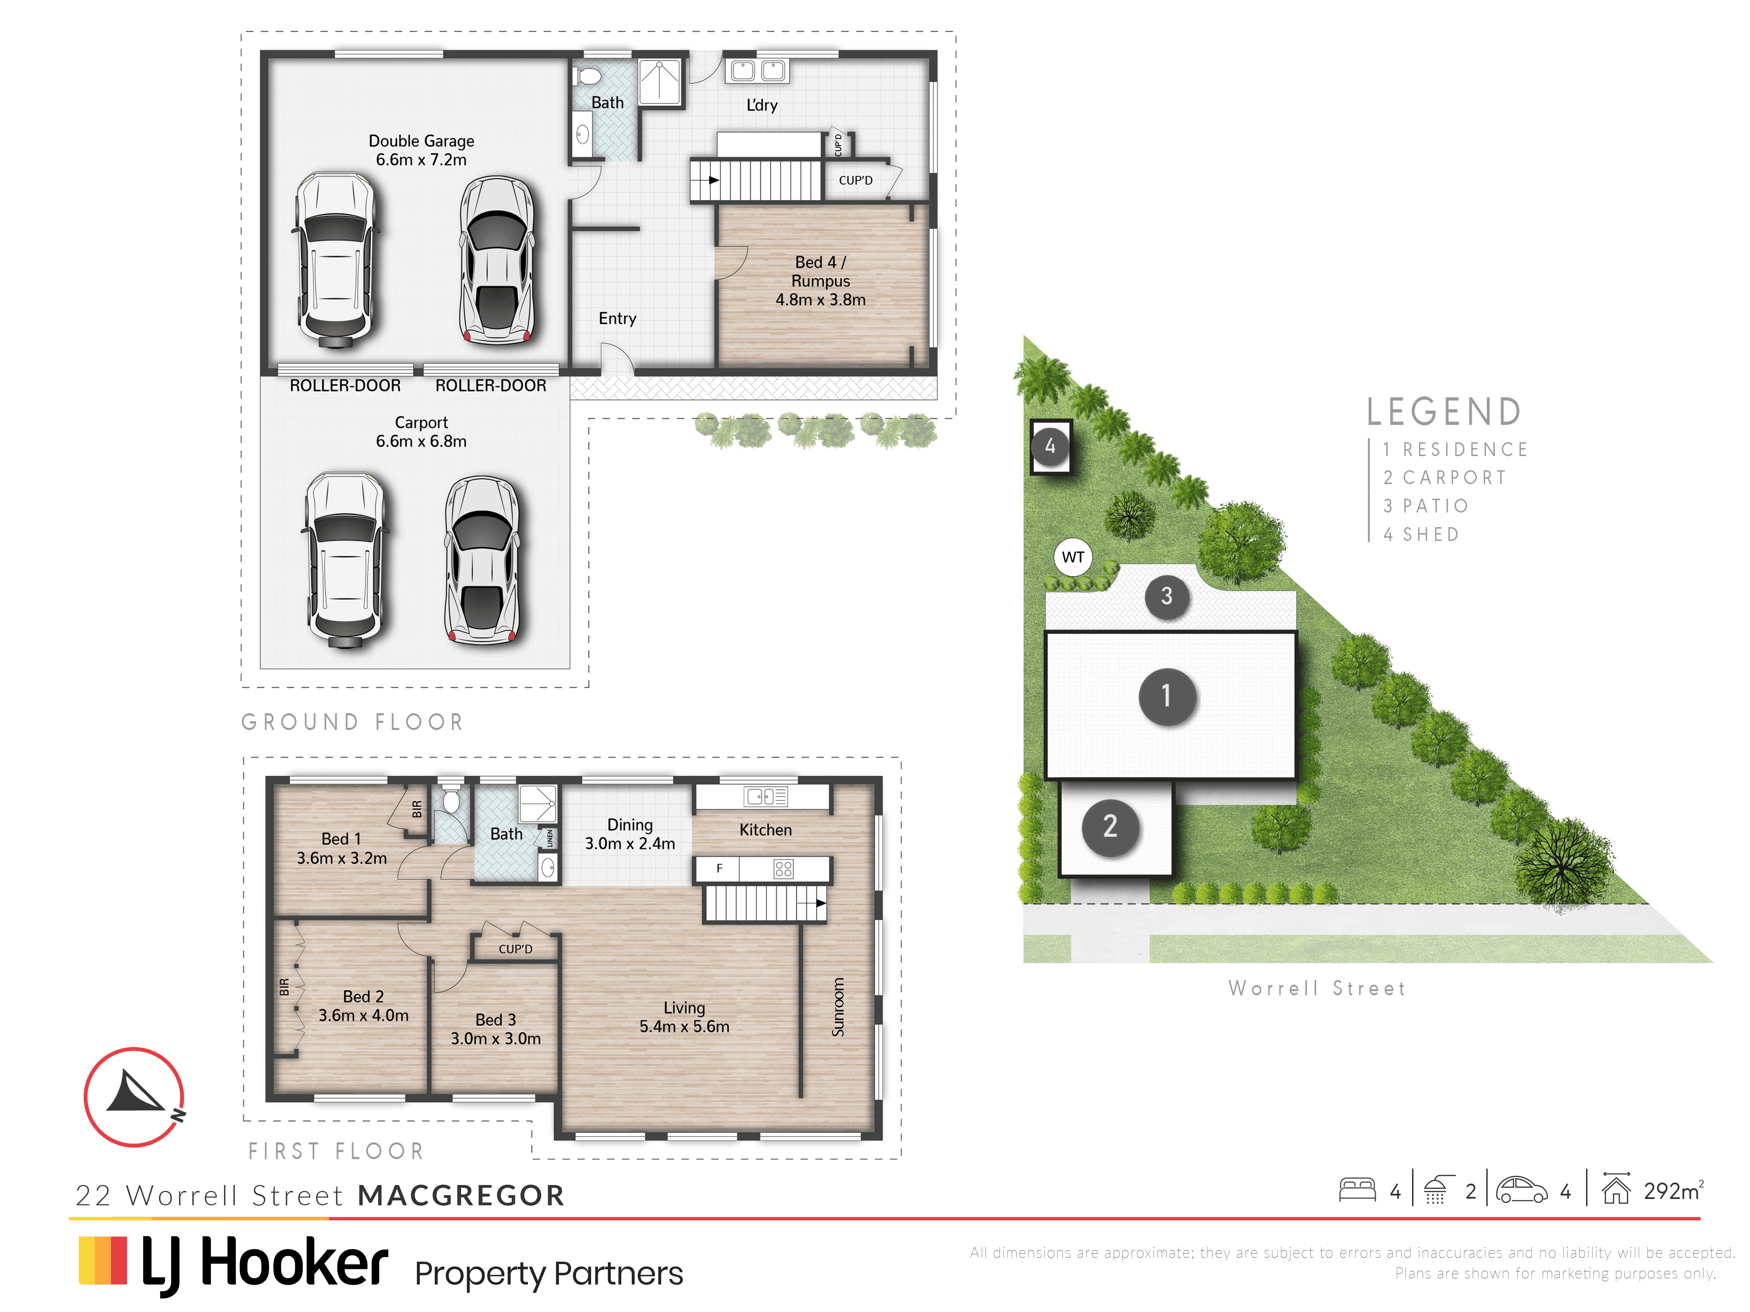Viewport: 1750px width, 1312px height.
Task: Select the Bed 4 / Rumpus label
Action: pyautogui.click(x=820, y=281)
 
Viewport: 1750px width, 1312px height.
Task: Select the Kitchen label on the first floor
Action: pyautogui.click(x=765, y=830)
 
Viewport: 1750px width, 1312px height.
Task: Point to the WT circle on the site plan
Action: pyautogui.click(x=1073, y=557)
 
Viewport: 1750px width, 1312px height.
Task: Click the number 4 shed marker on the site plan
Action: pyautogui.click(x=1050, y=446)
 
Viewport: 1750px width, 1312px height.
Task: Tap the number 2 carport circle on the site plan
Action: pyautogui.click(x=1110, y=826)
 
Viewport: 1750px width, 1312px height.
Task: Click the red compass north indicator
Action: pyautogui.click(x=134, y=1096)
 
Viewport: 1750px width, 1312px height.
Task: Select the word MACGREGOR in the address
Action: pyautogui.click(x=461, y=1195)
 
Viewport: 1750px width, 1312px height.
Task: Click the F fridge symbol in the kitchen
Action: pyautogui.click(x=719, y=868)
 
